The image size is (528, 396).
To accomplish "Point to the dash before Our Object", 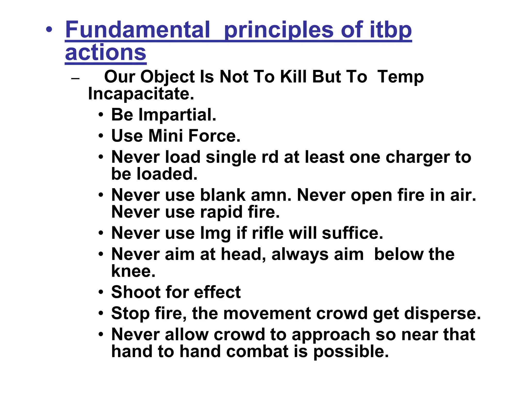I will pyautogui.click(x=75, y=78).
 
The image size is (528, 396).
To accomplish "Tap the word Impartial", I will pyautogui.click(x=177, y=115).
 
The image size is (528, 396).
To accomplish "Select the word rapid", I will pyautogui.click(x=221, y=212).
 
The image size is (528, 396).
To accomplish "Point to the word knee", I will pyautogui.click(x=133, y=271).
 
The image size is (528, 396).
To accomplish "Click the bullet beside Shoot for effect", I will pyautogui.click(x=101, y=292).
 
